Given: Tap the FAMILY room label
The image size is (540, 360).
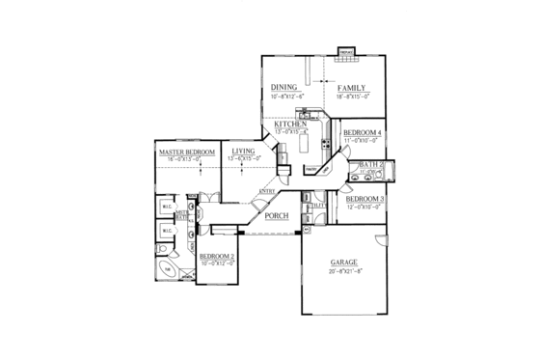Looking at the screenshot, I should [352, 87].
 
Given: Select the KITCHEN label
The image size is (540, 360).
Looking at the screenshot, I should [290, 125].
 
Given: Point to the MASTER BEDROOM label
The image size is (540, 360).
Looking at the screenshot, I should [186, 152].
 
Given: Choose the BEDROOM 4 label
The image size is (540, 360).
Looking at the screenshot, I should [364, 132].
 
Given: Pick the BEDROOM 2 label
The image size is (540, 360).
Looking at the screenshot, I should [217, 256].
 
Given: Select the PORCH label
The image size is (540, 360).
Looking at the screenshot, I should [277, 215].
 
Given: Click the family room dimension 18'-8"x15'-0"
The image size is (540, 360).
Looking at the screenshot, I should [352, 97].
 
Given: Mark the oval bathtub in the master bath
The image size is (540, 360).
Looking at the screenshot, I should [167, 270].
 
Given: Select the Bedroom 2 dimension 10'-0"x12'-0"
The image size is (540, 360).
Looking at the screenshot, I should [217, 263].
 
